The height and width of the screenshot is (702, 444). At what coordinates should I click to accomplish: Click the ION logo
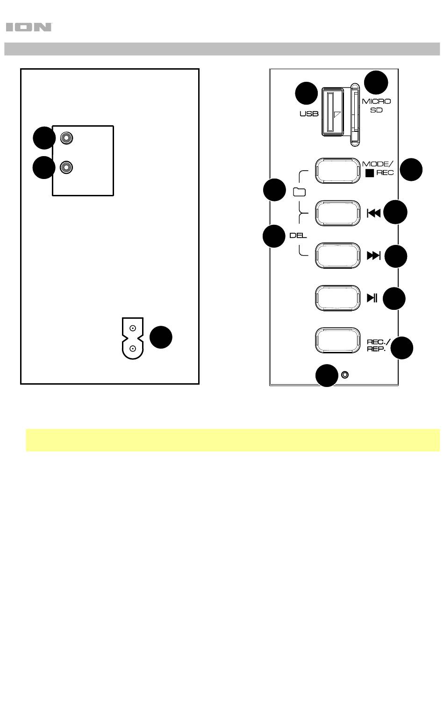click(29, 28)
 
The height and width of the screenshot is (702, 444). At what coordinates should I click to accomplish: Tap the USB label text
click(308, 114)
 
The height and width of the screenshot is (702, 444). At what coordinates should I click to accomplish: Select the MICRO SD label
click(376, 106)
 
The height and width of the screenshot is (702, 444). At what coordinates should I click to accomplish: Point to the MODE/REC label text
click(378, 168)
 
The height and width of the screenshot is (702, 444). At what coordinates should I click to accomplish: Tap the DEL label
click(298, 236)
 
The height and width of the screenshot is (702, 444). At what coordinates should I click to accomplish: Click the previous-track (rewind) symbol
click(374, 213)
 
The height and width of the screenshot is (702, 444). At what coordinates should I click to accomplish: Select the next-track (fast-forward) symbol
click(374, 256)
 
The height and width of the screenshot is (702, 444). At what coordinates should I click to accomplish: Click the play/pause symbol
click(372, 298)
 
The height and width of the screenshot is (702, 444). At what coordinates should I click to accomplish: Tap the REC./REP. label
click(376, 345)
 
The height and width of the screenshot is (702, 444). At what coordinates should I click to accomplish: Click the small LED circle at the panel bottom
click(345, 375)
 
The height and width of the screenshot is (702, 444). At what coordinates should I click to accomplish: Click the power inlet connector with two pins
click(132, 338)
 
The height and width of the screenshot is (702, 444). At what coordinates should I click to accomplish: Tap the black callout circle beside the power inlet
click(161, 337)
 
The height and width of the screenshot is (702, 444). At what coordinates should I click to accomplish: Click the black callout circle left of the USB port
click(307, 93)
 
